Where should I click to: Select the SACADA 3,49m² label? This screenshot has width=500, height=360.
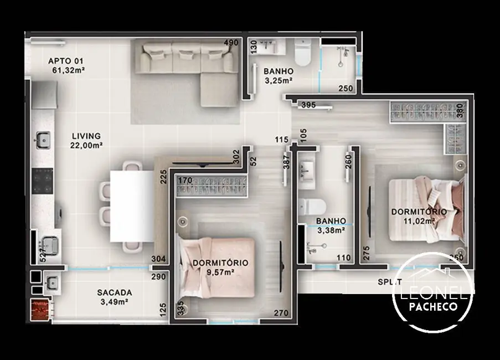pos(114,296)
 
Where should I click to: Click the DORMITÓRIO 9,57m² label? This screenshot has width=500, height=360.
pos(220,267)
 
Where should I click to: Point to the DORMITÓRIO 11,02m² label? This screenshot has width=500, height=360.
pos(419,216)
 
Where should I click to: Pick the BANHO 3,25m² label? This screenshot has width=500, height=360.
pos(278,75)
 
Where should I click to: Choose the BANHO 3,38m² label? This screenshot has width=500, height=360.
pos(331,225)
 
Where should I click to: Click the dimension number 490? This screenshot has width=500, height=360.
pos(231,43)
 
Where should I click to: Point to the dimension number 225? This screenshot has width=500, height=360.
pos(163,177)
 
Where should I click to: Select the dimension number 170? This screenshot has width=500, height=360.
pos(184,180)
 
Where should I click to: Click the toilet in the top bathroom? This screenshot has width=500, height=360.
pos(303,53)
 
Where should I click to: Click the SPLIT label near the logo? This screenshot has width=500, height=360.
pos(390,282)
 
